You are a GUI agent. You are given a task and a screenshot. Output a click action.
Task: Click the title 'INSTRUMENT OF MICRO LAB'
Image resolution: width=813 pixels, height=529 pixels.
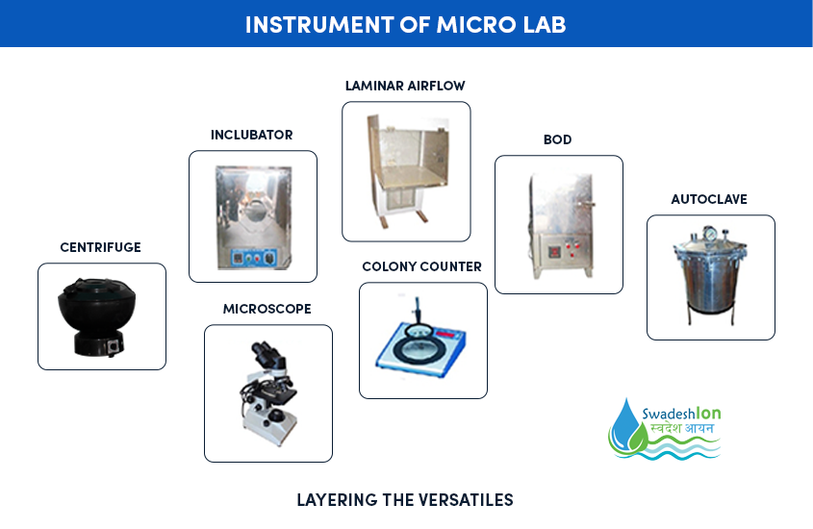[x=405, y=24]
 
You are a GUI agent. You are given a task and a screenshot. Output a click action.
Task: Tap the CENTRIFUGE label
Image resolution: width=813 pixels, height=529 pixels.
[x=101, y=247]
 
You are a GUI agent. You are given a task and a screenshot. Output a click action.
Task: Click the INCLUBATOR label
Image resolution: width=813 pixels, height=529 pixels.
[x=251, y=135]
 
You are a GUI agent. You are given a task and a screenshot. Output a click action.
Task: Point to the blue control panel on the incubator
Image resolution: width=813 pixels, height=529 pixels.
[x=253, y=258]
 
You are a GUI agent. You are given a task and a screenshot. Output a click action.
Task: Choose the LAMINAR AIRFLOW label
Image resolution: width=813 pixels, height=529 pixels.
[x=405, y=86]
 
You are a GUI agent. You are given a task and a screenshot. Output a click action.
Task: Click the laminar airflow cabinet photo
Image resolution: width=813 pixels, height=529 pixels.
[x=407, y=171]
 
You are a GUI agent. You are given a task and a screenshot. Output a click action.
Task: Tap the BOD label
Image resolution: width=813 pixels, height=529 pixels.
[x=557, y=139]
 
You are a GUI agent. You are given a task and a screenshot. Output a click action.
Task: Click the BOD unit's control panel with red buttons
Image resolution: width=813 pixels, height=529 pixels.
[x=564, y=251]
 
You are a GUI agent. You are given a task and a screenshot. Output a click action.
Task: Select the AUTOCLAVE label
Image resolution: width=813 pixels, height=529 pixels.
[x=709, y=199]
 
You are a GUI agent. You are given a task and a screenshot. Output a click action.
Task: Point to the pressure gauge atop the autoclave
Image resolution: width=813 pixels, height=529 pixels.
[x=710, y=234]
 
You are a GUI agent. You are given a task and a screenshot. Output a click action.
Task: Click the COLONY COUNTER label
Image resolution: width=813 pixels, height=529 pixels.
[x=421, y=266]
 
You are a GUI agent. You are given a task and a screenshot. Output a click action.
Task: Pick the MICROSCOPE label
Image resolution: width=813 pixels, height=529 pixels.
[x=267, y=309]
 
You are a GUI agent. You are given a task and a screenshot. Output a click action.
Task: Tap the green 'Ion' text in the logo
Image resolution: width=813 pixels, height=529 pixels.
[x=708, y=413]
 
